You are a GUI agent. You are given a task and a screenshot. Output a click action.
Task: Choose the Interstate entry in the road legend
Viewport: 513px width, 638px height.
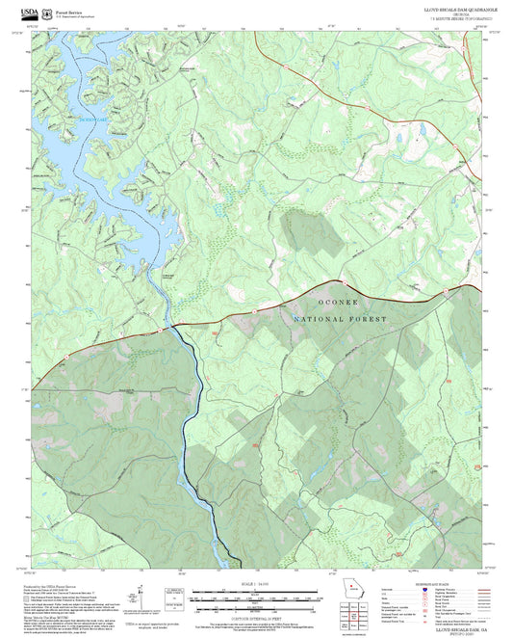point(390,591)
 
